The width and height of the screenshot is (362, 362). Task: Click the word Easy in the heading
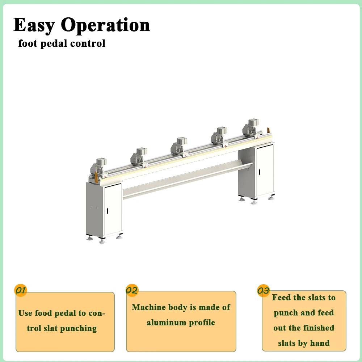pyautogui.click(x=34, y=25)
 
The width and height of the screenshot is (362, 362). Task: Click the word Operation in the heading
pyautogui.click(x=105, y=25)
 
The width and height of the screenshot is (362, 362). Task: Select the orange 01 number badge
pyautogui.click(x=20, y=290)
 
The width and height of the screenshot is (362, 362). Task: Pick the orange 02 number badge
pyautogui.click(x=132, y=290)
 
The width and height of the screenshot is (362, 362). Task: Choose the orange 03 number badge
pyautogui.click(x=263, y=291)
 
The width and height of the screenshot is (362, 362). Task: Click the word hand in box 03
pyautogui.click(x=320, y=343)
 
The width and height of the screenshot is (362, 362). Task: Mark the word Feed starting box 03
pyautogui.click(x=281, y=298)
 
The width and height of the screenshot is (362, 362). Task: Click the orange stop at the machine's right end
pyautogui.click(x=268, y=130)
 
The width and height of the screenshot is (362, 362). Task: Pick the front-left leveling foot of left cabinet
pyautogui.click(x=89, y=238)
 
